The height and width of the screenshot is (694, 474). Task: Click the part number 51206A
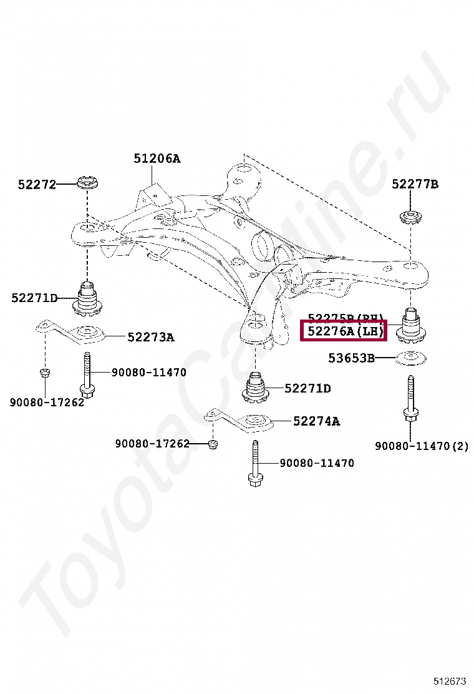coord(157,159)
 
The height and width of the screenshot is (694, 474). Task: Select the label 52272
coord(37,184)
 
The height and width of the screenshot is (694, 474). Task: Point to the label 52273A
coord(150,337)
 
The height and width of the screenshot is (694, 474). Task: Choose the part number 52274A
coord(316,421)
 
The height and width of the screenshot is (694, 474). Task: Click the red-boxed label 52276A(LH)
coord(344,331)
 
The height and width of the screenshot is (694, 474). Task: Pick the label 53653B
coord(352,358)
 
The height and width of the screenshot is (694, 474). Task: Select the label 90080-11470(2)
coord(421,446)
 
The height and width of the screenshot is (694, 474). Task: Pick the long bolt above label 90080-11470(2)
coord(410,403)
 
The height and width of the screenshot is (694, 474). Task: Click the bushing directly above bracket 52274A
coord(256,388)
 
